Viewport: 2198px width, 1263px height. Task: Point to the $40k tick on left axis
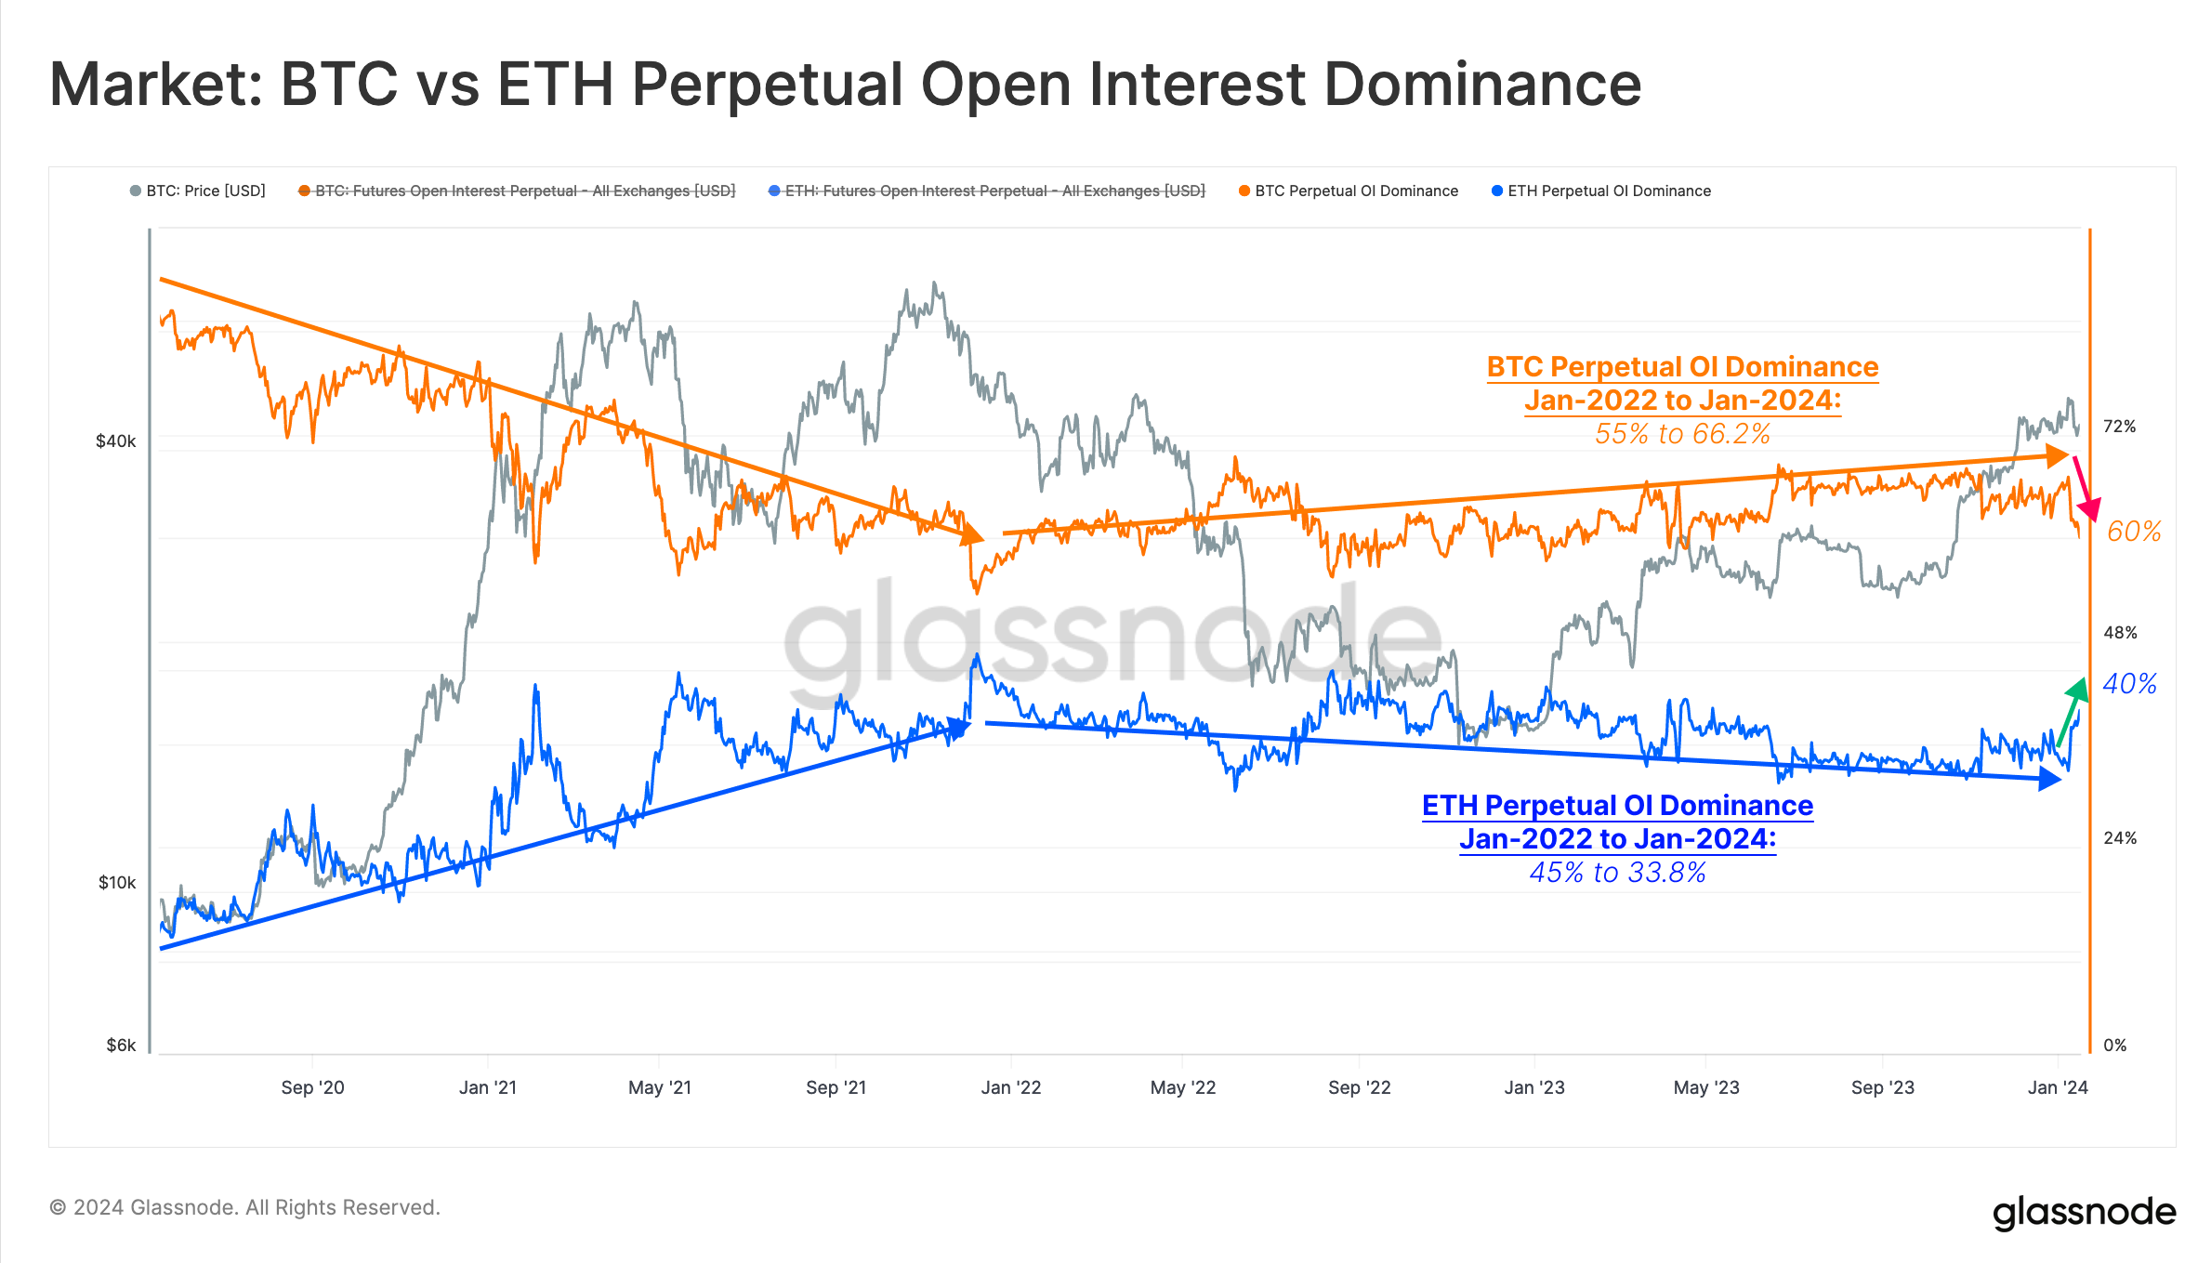tap(115, 441)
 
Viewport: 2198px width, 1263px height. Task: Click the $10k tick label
tap(117, 883)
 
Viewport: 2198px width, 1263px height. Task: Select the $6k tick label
tap(121, 1046)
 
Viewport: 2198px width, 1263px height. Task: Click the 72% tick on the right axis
tap(2120, 427)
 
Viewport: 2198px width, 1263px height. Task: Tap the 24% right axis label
tap(2120, 838)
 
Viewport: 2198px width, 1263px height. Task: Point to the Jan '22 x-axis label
tap(1011, 1087)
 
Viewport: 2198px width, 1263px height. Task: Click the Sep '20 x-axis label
tap(312, 1087)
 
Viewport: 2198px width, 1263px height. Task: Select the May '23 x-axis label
tap(1706, 1087)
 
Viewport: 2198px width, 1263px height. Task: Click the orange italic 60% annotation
tap(2134, 532)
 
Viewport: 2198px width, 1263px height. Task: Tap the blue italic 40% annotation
tap(2130, 685)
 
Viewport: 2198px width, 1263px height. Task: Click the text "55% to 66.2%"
tap(1682, 434)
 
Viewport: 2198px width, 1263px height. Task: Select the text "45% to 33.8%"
tap(1617, 873)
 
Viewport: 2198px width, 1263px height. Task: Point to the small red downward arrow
tap(2085, 488)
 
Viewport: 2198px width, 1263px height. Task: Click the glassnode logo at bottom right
tap(2084, 1213)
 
